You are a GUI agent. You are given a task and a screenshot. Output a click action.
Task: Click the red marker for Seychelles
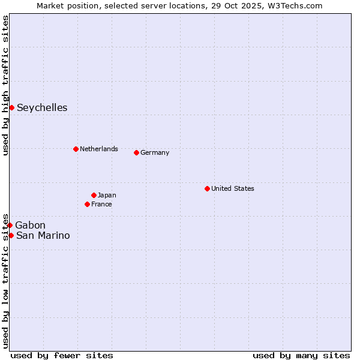click(11, 107)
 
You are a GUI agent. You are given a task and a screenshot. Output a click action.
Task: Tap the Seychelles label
click(42, 108)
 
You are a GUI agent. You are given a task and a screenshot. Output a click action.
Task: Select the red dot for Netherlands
click(76, 149)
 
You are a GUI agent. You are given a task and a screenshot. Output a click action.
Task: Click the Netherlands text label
click(99, 149)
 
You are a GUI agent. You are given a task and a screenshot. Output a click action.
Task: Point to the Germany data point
click(136, 152)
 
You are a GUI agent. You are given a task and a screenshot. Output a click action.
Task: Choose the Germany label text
click(155, 152)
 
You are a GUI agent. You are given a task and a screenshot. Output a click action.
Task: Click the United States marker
click(207, 188)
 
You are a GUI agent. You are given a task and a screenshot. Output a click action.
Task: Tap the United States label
click(233, 188)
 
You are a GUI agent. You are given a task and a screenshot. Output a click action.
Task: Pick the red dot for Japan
click(94, 195)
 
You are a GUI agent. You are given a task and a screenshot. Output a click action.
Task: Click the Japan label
click(107, 195)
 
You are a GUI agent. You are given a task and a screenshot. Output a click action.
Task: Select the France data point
click(87, 204)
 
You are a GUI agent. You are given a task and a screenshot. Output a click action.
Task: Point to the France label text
click(101, 204)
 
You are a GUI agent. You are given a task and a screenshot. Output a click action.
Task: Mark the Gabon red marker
click(10, 225)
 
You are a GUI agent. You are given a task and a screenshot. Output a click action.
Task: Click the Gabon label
click(30, 225)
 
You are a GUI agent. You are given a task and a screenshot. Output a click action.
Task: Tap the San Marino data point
click(11, 235)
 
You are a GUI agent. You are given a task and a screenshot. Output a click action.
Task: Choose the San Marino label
click(43, 235)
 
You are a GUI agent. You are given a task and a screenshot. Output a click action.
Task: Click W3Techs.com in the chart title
click(295, 5)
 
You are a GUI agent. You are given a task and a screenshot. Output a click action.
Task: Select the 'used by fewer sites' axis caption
click(62, 355)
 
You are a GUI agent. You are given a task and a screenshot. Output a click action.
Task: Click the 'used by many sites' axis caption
click(301, 355)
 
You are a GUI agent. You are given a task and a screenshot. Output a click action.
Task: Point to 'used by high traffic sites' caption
click(5, 85)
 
